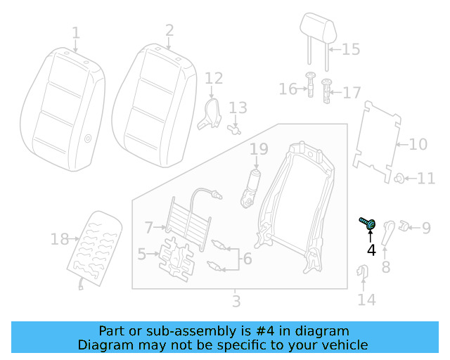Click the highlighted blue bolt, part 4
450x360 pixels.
(x=368, y=224)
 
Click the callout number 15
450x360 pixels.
(x=350, y=49)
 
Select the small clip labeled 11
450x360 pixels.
(x=399, y=179)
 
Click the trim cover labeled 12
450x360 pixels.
(x=210, y=113)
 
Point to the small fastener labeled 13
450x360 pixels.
(x=236, y=129)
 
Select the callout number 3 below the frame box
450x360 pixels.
(x=236, y=302)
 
